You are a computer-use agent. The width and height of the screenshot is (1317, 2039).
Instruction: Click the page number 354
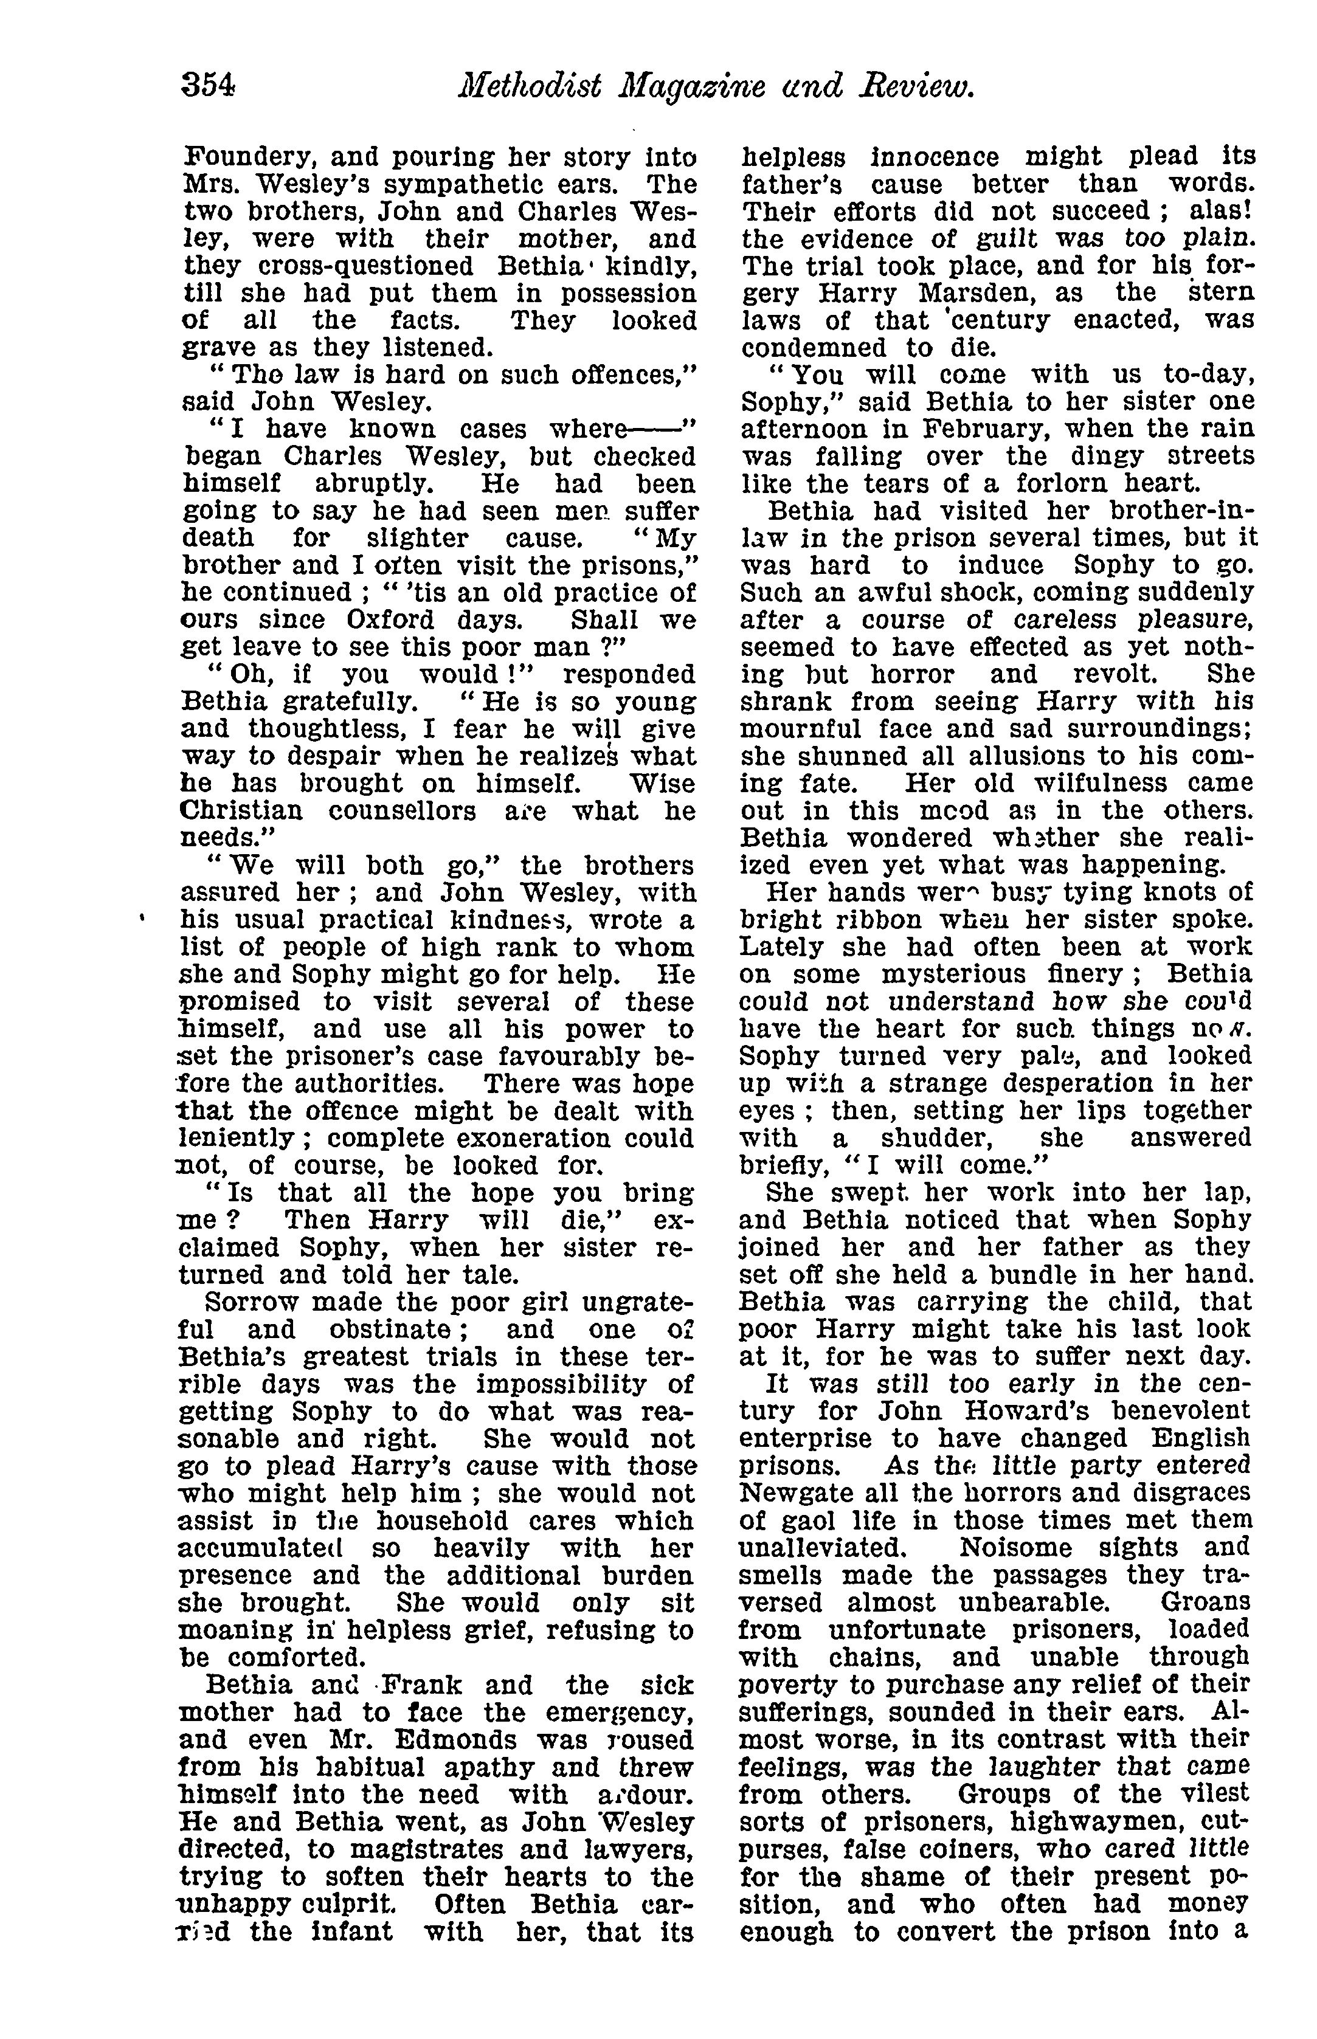pyautogui.click(x=208, y=86)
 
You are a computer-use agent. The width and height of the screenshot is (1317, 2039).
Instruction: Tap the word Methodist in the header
pyautogui.click(x=530, y=86)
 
